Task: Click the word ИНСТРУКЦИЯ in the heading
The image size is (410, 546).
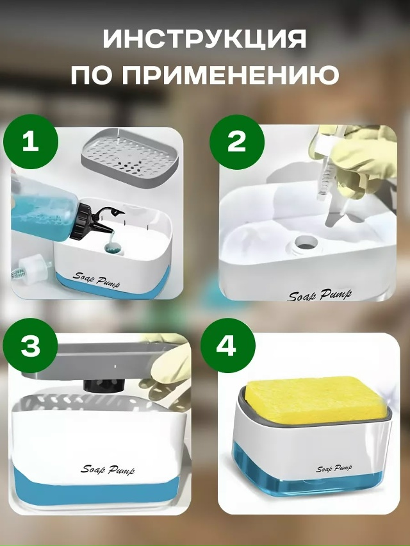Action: pyautogui.click(x=204, y=38)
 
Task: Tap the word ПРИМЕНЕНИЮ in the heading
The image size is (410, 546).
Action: pyautogui.click(x=230, y=74)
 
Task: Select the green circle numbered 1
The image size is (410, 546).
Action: pyautogui.click(x=31, y=142)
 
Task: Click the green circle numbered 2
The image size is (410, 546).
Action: pyautogui.click(x=237, y=142)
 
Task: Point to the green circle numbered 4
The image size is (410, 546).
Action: pyautogui.click(x=228, y=346)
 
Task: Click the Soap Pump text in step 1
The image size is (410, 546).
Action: pyautogui.click(x=96, y=280)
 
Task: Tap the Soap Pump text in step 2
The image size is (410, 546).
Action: pyautogui.click(x=320, y=295)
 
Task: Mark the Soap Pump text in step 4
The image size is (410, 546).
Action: pyautogui.click(x=334, y=468)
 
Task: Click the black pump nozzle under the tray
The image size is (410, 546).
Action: pyautogui.click(x=104, y=386)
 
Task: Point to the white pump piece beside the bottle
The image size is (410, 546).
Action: pyautogui.click(x=33, y=268)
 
